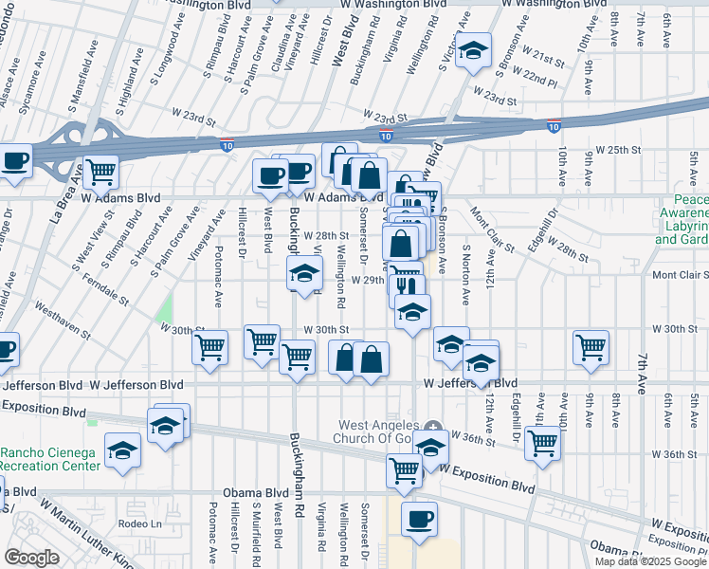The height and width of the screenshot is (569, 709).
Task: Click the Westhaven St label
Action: pos(65,321)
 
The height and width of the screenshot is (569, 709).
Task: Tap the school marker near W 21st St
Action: pos(471,52)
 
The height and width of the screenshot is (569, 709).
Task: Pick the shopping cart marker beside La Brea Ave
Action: pos(100,174)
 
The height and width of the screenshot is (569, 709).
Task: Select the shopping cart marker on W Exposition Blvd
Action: pos(404,469)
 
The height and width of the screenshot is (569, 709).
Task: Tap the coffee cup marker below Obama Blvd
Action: pos(419,519)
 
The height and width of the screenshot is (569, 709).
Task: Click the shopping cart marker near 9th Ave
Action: pos(591,346)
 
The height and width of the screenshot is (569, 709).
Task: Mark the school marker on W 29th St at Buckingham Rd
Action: pos(304,275)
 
